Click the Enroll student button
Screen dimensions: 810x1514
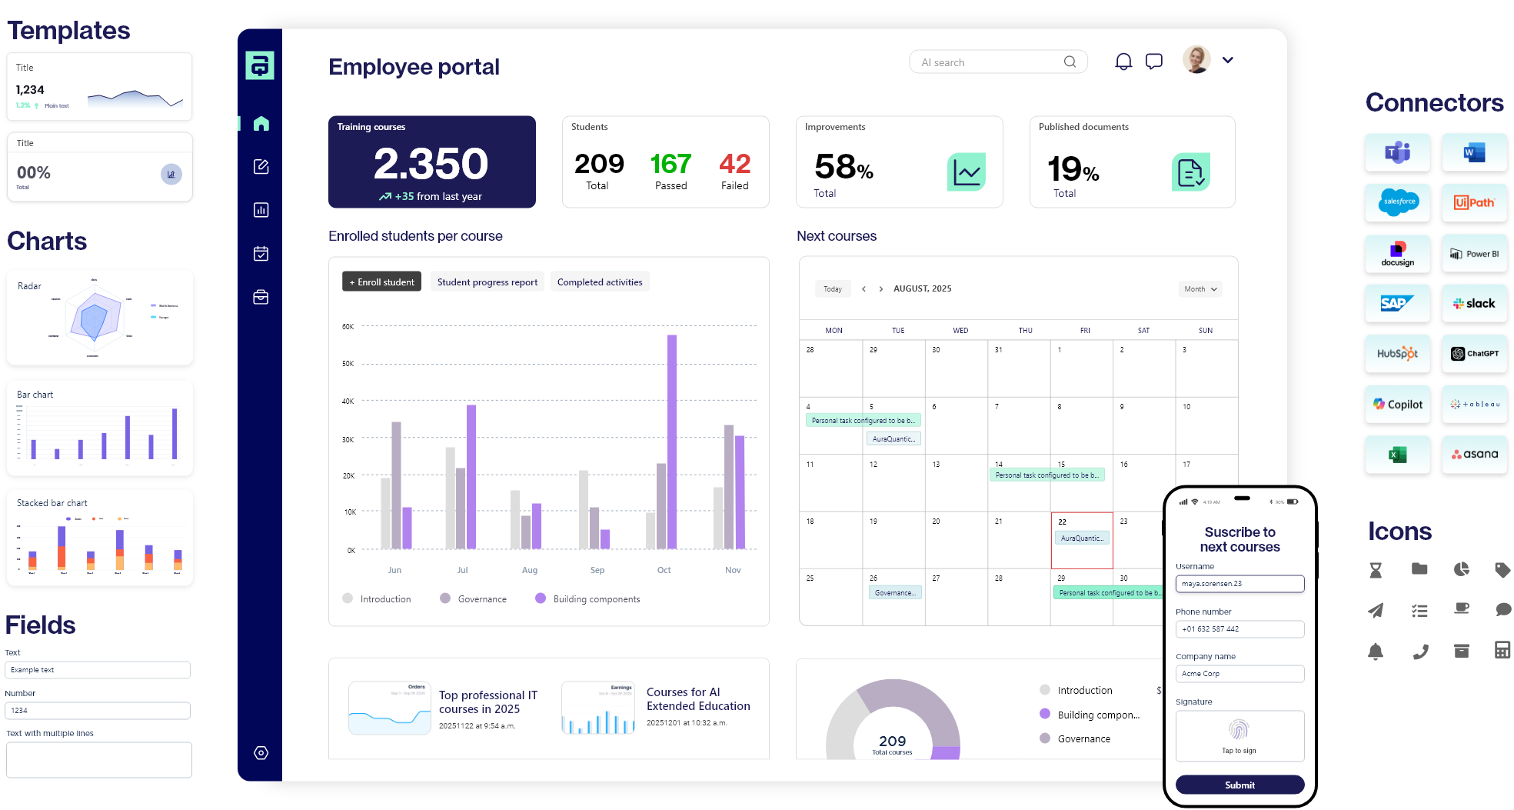coord(381,282)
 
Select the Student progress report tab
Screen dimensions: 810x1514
coord(487,282)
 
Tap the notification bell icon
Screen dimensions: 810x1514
coord(1123,62)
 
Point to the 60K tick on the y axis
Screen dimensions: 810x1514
coord(348,326)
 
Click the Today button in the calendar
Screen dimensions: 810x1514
coord(833,289)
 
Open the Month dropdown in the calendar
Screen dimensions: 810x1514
coord(1200,289)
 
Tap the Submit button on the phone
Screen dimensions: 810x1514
coord(1239,785)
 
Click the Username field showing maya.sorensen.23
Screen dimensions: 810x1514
coord(1239,584)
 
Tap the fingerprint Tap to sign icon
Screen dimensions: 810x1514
coord(1239,729)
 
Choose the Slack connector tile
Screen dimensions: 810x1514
coord(1474,303)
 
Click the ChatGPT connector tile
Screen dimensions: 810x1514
coord(1474,354)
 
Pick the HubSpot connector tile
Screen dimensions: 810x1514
coord(1397,354)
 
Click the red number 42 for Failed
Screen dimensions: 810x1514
coord(734,164)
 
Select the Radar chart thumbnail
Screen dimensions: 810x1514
coord(100,318)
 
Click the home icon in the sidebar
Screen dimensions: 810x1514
coord(261,123)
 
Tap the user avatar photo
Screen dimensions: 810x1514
coord(1196,60)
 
